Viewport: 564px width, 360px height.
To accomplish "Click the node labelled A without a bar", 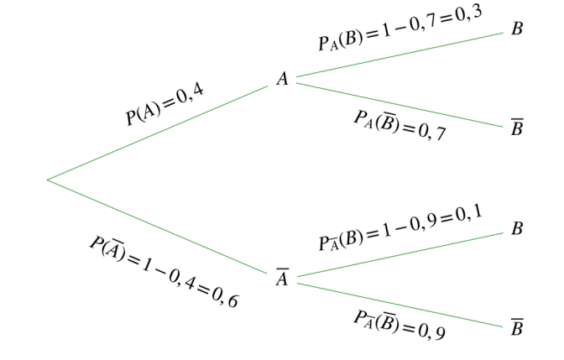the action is [283, 78].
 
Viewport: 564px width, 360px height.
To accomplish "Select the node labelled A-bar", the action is [283, 277].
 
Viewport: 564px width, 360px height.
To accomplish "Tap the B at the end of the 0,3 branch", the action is [517, 29].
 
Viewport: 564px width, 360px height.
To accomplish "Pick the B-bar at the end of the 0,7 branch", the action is [517, 127].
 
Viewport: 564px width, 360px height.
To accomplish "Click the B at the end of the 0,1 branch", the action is [517, 228].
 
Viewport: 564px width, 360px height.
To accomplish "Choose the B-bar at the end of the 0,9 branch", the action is [517, 326].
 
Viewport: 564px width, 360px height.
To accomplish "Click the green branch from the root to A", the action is [158, 133].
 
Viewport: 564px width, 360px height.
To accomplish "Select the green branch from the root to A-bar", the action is [157, 227].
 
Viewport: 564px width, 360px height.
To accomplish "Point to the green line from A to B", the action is [399, 55].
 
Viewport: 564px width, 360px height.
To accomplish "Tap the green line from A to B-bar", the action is [399, 105].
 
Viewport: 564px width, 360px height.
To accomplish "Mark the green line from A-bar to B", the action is [400, 254].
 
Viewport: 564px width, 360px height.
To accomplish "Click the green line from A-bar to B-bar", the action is [400, 305].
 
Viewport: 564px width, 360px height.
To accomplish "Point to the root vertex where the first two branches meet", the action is [48, 180].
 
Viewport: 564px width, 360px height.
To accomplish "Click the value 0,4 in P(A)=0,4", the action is [191, 94].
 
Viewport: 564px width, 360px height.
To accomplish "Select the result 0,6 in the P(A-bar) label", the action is [225, 297].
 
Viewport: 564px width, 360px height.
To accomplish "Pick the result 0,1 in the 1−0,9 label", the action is [468, 214].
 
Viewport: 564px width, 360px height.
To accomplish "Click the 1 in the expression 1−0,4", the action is [146, 265].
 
